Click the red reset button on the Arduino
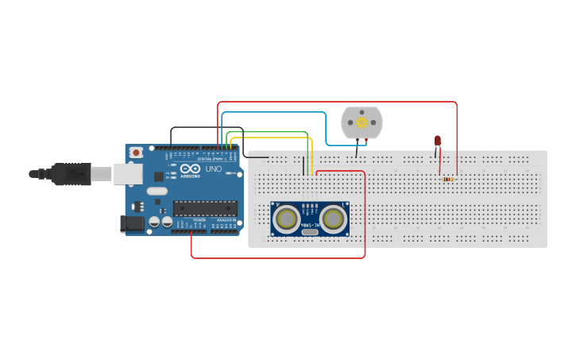coord(136,152)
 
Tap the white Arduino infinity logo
coord(190,169)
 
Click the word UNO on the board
coord(214,169)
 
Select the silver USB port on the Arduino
coord(126,174)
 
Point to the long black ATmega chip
coord(205,208)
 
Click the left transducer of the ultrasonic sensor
coord(286,218)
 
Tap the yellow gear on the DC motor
coord(362,122)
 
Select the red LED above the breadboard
coord(438,141)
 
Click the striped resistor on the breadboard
coord(448,179)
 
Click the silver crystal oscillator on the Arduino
coord(157,191)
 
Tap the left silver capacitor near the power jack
coord(155,223)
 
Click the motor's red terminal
coord(366,141)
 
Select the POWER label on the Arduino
coord(199,220)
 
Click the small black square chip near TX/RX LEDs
coord(158,176)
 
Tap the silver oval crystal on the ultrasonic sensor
coord(310,232)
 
